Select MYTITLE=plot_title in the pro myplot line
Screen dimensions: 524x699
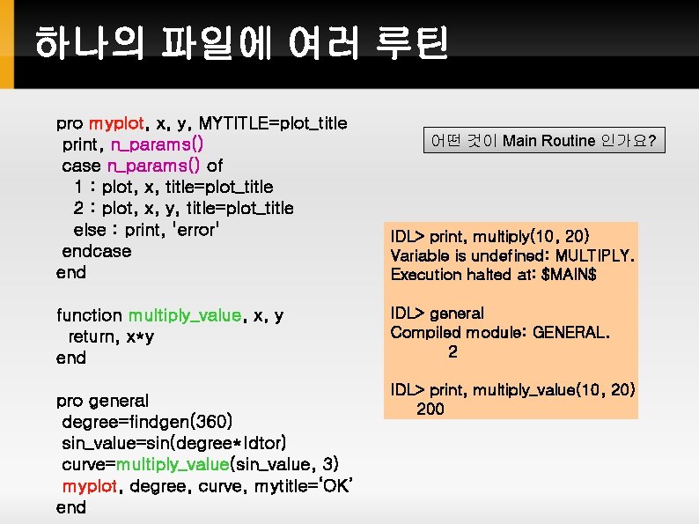[x=274, y=122]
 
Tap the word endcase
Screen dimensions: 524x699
[x=96, y=251]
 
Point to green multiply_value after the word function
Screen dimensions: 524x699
[x=185, y=315]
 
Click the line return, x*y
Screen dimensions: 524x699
[x=112, y=336]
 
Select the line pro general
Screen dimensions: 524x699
[x=102, y=401]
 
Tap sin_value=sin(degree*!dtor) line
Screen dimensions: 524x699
[x=173, y=443]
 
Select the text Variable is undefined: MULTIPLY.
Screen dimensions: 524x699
[x=512, y=255]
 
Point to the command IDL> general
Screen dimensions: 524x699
[x=438, y=313]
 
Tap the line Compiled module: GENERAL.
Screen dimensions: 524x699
[x=499, y=332]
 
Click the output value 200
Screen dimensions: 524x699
[x=430, y=410]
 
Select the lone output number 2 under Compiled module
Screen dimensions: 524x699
[x=453, y=352]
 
